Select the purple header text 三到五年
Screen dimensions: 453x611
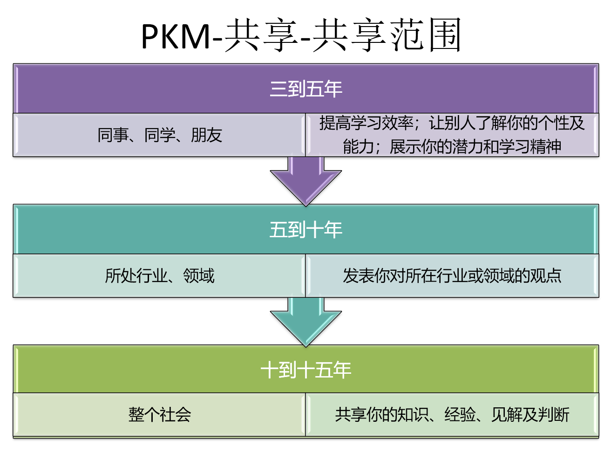[305, 89]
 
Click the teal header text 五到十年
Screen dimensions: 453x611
[305, 230]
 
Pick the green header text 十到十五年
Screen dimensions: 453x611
[305, 370]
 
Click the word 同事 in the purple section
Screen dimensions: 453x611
[113, 135]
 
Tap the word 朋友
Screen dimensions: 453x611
[206, 135]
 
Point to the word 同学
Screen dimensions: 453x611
[160, 135]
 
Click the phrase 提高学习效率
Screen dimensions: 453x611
[366, 123]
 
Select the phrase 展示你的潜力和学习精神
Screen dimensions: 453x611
[475, 146]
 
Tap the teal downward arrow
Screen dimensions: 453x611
[305, 322]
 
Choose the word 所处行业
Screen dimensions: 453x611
[136, 276]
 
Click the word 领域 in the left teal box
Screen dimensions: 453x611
[199, 276]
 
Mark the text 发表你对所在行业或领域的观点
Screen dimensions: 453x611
[452, 276]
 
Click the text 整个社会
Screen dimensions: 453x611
[160, 414]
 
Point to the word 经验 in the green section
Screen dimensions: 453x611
[460, 414]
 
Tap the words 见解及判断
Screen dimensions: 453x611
[530, 414]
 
